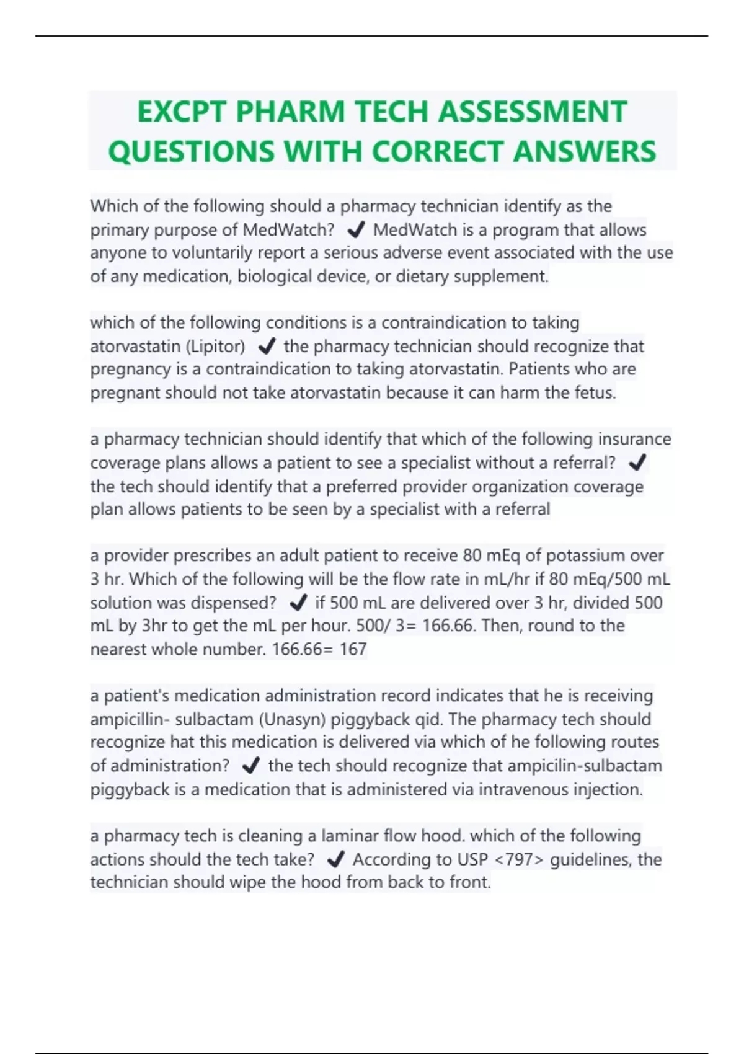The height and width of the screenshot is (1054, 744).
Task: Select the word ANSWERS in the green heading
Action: [x=585, y=151]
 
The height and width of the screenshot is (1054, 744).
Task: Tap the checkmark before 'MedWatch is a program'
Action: [x=356, y=231]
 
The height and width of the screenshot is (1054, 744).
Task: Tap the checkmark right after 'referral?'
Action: [x=637, y=463]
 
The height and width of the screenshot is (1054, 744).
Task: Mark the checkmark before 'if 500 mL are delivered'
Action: [x=298, y=603]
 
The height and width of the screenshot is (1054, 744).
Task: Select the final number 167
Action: [x=353, y=649]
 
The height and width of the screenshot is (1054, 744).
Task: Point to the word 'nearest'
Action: [x=119, y=649]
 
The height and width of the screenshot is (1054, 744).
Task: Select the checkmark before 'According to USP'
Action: [x=335, y=859]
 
